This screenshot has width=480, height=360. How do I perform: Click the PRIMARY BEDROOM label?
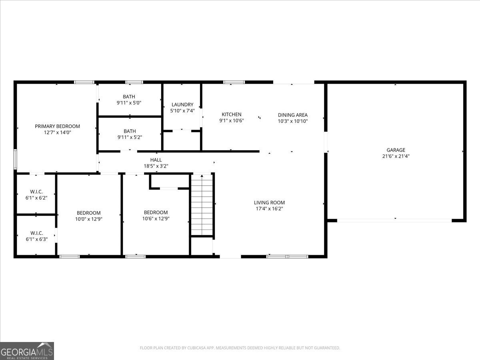tap(57, 126)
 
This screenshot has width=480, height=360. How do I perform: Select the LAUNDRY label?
tap(182, 105)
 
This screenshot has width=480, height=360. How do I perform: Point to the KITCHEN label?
tap(231, 114)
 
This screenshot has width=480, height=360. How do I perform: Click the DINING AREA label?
tap(293, 115)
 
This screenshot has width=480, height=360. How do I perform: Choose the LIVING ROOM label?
tap(270, 202)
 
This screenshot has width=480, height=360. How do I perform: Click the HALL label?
tap(156, 160)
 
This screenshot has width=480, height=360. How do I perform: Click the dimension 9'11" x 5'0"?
tap(129, 103)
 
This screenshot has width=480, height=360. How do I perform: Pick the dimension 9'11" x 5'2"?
tap(130, 137)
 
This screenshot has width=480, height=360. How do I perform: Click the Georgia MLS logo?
tap(27, 351)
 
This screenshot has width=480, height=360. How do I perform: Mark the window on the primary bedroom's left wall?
tap(16, 159)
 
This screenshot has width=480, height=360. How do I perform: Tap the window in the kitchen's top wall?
tap(234, 82)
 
